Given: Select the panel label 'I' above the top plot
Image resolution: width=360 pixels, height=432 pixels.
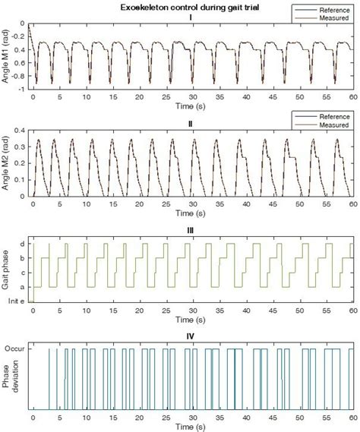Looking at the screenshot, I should click(191, 16).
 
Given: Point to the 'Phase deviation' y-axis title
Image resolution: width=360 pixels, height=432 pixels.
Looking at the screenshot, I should click(11, 378).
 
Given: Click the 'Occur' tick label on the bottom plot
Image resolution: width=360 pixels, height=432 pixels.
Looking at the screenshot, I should click(17, 349).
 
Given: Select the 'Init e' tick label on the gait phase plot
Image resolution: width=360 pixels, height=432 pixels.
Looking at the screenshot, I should click(17, 301).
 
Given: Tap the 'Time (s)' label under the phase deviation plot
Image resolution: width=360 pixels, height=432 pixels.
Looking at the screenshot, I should click(191, 427).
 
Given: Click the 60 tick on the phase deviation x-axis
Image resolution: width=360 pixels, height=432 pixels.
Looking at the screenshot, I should click(351, 418).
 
